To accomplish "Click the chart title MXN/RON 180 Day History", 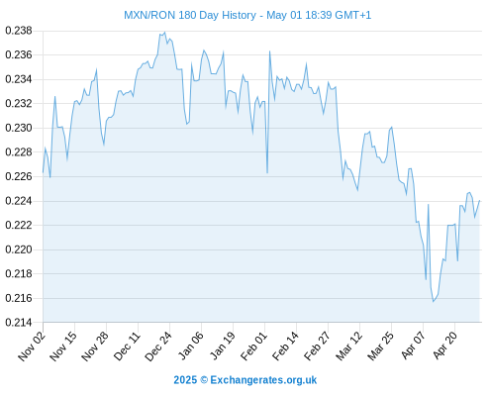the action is [x=190, y=15].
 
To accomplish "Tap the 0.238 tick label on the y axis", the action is [x=19, y=31].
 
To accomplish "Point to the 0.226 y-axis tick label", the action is [x=19, y=176].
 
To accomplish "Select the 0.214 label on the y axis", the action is [x=19, y=323].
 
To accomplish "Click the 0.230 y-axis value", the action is [x=19, y=128].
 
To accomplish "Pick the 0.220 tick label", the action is [x=19, y=249].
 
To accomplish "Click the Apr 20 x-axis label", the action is [x=444, y=345].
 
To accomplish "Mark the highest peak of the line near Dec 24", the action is [x=164, y=33].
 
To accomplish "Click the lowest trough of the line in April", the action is [x=434, y=301].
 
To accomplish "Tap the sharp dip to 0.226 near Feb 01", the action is [x=267, y=173].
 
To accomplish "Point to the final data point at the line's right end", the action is [x=479, y=200].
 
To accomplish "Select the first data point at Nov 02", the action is [x=43, y=172].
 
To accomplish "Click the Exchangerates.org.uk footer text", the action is [x=263, y=380].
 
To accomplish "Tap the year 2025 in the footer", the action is [x=185, y=380].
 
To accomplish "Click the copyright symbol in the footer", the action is [x=204, y=380].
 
